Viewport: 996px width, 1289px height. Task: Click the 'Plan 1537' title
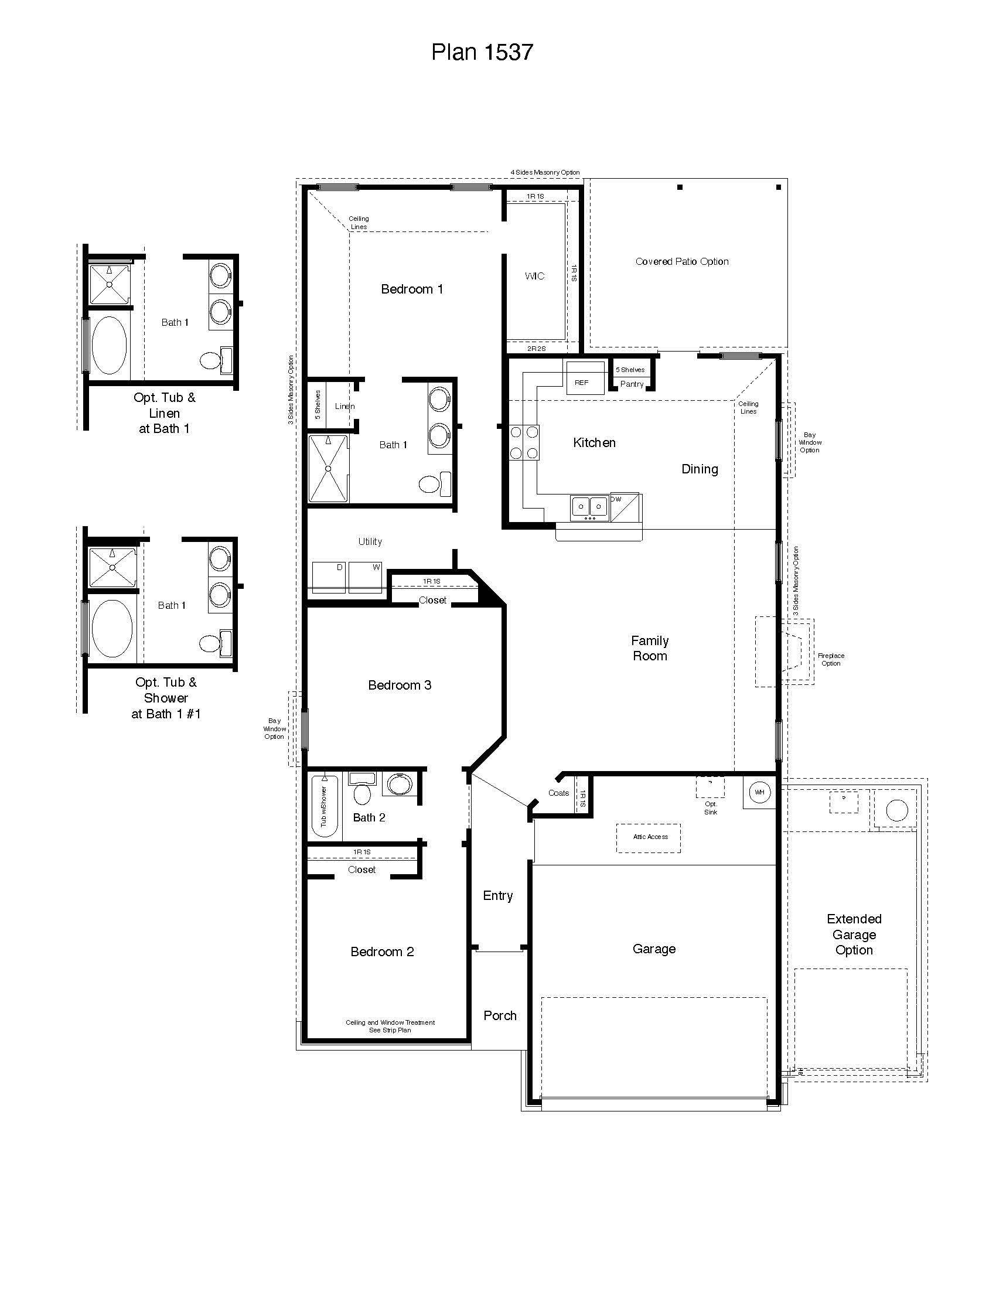(482, 52)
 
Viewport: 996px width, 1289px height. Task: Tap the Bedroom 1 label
(412, 289)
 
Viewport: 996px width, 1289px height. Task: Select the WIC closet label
(534, 276)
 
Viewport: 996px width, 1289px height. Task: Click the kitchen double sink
(589, 506)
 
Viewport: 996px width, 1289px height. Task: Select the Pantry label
(632, 384)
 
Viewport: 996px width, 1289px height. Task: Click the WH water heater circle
(759, 792)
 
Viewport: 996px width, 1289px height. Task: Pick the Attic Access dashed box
(650, 837)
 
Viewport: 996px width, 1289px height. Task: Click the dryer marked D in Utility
(329, 577)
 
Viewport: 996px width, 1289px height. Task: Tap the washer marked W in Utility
(366, 577)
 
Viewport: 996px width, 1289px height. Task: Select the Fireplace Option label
(831, 659)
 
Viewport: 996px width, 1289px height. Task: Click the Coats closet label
(558, 793)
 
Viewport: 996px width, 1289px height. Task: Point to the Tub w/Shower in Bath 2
(325, 807)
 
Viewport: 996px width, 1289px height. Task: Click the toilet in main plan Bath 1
(435, 484)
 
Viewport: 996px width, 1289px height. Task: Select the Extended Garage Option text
(854, 935)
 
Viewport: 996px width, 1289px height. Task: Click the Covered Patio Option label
(681, 261)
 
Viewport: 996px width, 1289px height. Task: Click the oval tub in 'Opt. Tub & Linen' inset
(109, 345)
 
